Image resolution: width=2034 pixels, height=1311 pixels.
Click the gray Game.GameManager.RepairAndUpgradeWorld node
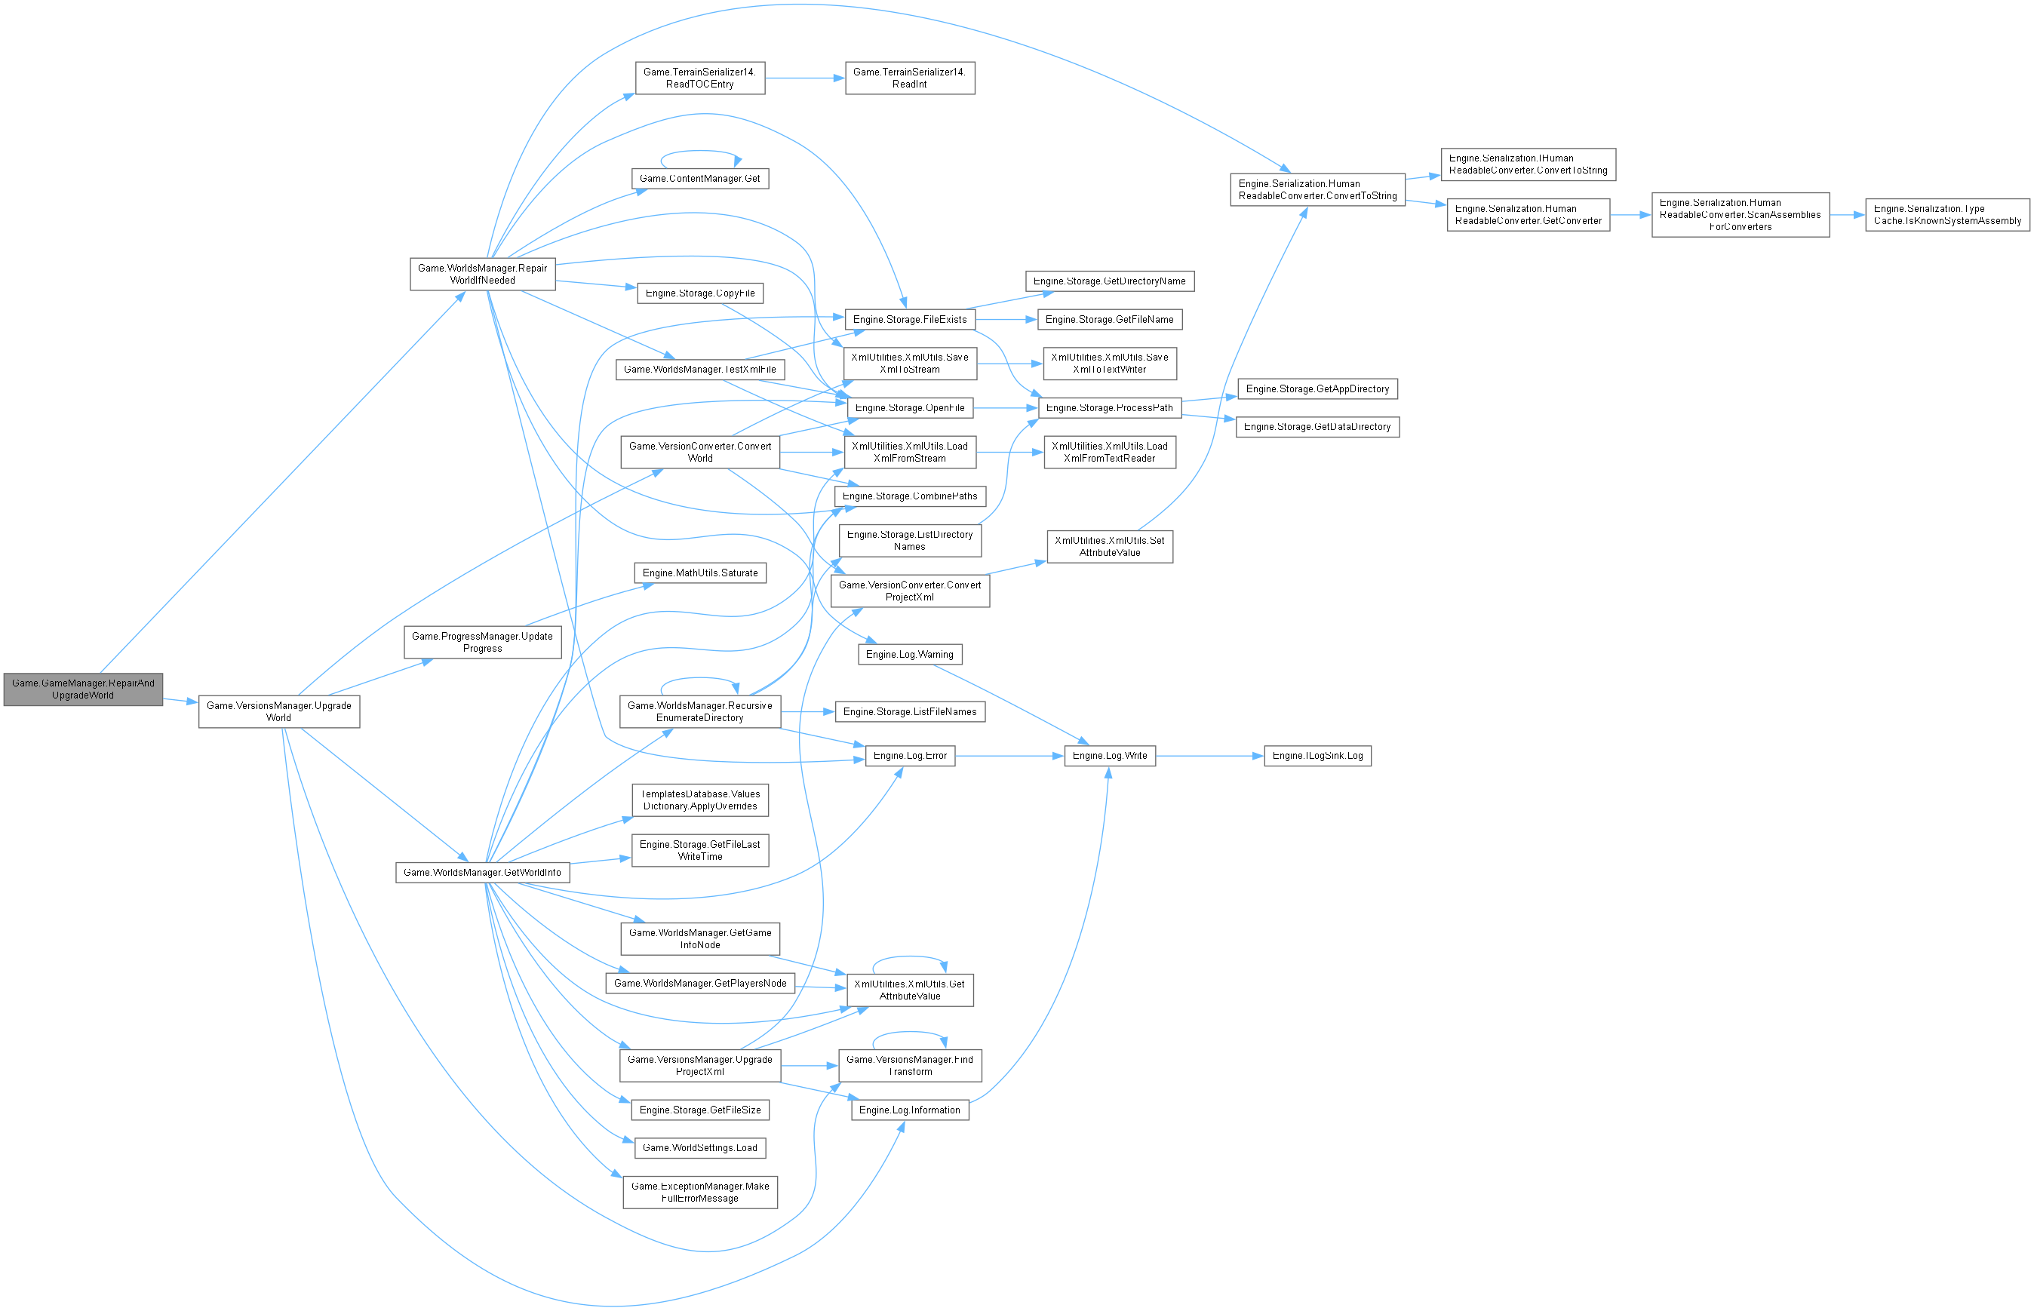[x=82, y=689]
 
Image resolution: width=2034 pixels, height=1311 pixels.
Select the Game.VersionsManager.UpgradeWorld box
[x=278, y=711]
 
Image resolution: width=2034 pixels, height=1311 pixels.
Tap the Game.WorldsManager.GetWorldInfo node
[x=482, y=873]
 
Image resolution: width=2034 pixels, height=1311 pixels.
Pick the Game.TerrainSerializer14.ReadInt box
[x=909, y=78]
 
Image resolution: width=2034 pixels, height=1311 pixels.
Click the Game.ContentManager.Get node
[x=700, y=179]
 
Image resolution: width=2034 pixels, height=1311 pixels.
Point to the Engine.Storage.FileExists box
[x=909, y=319]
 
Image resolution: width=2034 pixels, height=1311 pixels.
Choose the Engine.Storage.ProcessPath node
[x=1109, y=408]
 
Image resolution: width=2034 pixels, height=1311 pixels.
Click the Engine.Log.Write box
[x=1109, y=756]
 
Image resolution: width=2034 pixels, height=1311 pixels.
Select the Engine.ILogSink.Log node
[x=1317, y=756]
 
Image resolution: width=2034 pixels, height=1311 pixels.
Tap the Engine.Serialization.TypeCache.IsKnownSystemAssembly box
[x=1947, y=214]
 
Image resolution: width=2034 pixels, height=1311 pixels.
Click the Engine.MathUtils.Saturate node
[x=700, y=573]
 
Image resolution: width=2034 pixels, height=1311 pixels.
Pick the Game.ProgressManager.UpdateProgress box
[x=482, y=642]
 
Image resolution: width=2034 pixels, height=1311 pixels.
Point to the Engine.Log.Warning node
[x=909, y=655]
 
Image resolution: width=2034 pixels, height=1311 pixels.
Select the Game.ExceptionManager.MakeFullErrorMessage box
[x=700, y=1192]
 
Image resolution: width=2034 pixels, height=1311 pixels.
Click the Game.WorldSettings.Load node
[x=700, y=1147]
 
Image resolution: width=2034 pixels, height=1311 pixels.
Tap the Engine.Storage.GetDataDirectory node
[x=1317, y=426]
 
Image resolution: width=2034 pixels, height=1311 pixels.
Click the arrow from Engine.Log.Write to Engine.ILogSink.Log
[x=1209, y=756]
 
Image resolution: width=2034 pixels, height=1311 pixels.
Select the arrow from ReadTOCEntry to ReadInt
[x=804, y=78]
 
